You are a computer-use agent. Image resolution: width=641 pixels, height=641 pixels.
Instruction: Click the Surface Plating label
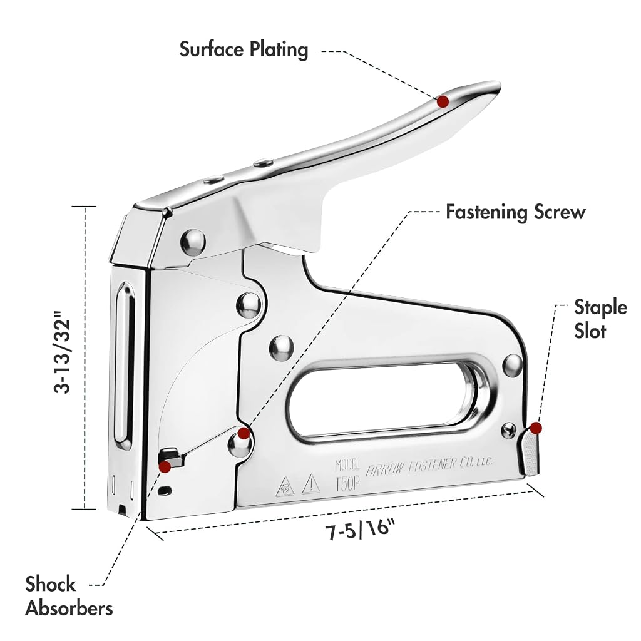tap(244, 50)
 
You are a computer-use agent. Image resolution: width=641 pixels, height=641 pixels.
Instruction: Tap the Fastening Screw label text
tap(516, 212)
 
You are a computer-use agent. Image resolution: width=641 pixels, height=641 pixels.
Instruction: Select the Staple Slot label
tap(600, 319)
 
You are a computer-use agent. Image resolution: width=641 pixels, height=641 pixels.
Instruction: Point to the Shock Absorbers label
tap(69, 596)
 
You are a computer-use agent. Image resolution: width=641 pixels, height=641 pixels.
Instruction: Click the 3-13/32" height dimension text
tap(62, 352)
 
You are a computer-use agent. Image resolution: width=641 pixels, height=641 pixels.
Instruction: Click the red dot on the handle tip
tap(443, 101)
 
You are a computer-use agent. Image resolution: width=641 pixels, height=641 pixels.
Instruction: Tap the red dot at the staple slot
tap(536, 428)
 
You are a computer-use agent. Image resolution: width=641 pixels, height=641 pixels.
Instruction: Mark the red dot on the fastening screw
tap(244, 433)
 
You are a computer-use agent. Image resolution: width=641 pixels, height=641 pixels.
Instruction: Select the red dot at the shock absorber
tap(165, 466)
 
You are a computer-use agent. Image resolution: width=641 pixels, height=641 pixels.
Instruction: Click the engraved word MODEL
tap(347, 465)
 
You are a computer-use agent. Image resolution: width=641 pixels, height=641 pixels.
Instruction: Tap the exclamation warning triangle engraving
tap(311, 484)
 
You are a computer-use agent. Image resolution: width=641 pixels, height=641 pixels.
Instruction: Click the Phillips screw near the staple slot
tap(509, 429)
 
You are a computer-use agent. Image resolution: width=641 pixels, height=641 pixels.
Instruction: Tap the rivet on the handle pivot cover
tap(193, 242)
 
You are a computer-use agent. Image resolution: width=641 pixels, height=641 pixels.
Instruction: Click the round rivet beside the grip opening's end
tap(513, 366)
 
